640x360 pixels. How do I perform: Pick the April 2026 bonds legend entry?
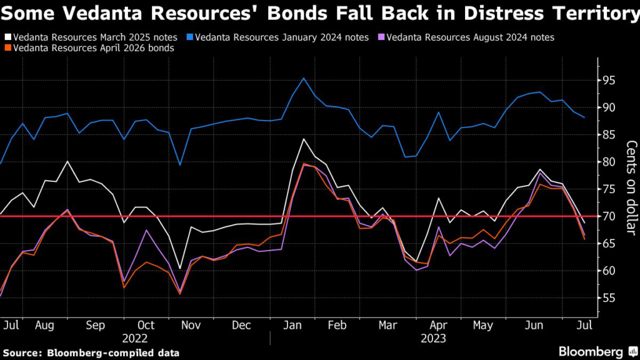tap(93, 47)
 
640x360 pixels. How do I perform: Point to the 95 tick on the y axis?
tap(609, 81)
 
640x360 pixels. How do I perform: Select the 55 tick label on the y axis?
tap(609, 299)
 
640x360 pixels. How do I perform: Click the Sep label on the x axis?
tap(96, 326)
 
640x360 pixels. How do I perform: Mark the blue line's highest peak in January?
tap(304, 78)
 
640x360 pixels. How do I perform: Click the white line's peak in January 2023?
tap(303, 139)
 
